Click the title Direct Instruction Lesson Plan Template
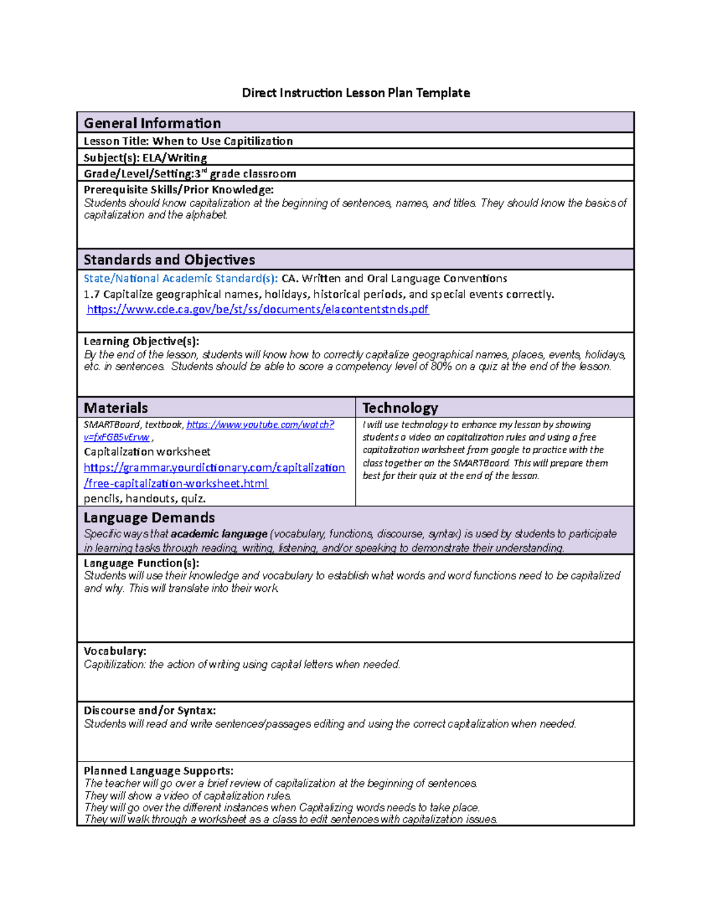(x=355, y=93)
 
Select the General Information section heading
(x=152, y=123)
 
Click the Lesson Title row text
(x=188, y=141)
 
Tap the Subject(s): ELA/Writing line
(x=145, y=158)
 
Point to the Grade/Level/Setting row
(x=189, y=174)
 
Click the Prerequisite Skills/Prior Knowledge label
(x=178, y=190)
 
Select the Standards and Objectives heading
(x=169, y=260)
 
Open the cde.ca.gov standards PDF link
(x=258, y=310)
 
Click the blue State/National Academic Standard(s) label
(x=180, y=279)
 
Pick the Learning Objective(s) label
(x=141, y=342)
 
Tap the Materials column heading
(x=116, y=408)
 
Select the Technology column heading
(x=400, y=408)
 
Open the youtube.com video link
(x=260, y=425)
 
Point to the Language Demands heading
(x=149, y=518)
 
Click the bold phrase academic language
(x=219, y=534)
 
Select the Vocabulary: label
(x=115, y=651)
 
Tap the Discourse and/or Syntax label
(x=150, y=710)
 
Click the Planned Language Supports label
(x=158, y=771)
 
